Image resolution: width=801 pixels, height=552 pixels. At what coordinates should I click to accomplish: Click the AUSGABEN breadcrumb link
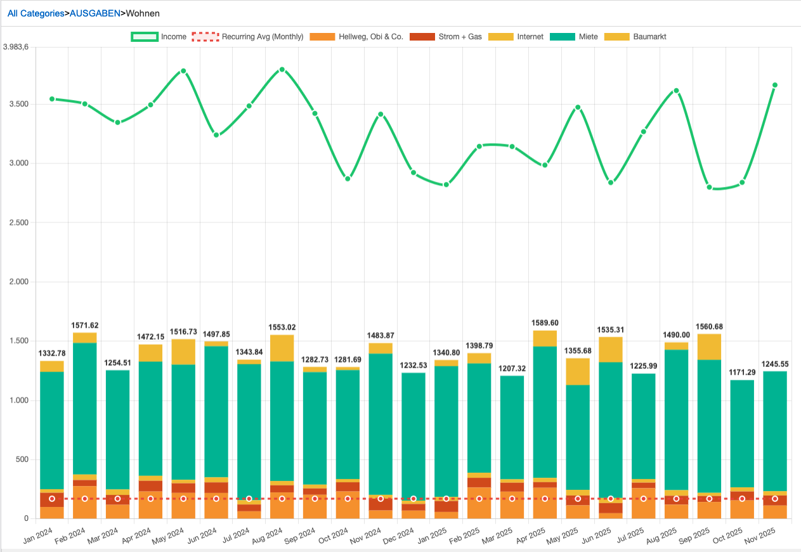point(94,13)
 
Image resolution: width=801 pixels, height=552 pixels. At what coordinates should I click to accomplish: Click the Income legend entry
point(159,37)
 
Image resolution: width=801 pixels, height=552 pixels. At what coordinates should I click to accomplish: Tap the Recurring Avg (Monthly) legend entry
point(248,37)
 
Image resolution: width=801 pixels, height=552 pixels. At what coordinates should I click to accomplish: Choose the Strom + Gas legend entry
point(446,37)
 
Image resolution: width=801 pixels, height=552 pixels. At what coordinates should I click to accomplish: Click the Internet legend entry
point(517,37)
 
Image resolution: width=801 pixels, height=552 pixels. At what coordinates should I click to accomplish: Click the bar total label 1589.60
point(545,323)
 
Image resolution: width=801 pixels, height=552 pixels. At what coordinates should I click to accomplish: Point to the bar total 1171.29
point(742,372)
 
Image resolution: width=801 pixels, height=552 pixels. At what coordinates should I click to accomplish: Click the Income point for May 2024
point(183,71)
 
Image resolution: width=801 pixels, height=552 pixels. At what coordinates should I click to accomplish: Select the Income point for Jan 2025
point(446,184)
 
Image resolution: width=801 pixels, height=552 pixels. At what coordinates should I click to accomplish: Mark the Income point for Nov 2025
point(775,85)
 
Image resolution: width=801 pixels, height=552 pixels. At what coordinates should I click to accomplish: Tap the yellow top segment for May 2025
point(578,371)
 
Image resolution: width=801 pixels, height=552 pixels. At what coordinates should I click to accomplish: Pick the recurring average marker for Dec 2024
point(414,499)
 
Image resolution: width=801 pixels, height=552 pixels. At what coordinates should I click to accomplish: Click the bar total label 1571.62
point(85,326)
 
